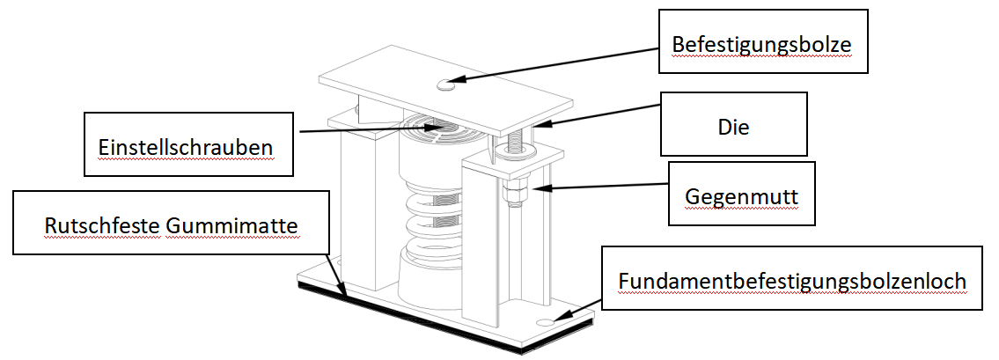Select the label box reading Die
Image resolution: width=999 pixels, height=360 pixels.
coord(733,127)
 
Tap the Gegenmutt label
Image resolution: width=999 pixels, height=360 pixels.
coord(741,196)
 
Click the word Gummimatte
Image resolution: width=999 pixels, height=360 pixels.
coord(232,226)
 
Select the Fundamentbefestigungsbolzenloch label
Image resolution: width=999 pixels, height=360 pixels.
coord(792,280)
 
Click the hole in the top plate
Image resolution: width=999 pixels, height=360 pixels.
coord(445,84)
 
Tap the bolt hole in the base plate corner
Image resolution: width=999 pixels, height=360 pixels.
coord(547,322)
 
